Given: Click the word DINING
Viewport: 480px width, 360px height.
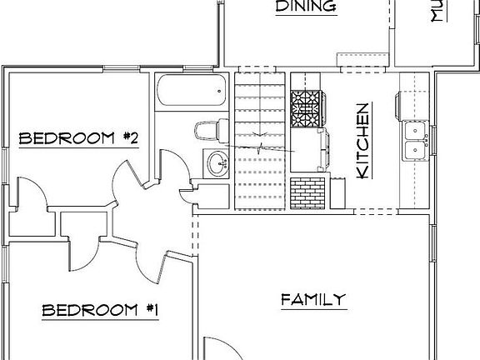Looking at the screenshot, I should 305,7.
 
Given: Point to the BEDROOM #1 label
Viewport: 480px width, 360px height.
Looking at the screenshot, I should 101,311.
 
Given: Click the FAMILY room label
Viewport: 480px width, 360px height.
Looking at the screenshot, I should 312,299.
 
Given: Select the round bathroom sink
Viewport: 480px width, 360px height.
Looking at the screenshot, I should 217,162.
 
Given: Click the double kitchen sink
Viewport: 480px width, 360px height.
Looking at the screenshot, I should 413,139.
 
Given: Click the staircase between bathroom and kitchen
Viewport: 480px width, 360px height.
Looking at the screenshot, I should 261,142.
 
